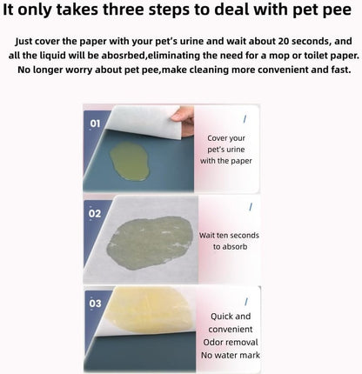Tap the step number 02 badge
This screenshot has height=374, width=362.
[95, 213]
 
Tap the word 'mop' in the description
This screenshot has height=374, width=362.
[271, 56]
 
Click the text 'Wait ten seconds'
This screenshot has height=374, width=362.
[229, 235]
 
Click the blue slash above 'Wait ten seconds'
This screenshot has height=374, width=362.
[251, 207]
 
